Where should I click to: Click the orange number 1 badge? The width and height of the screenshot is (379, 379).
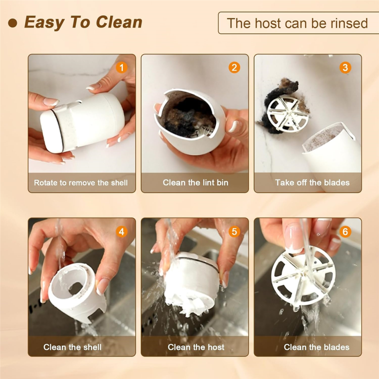(122, 68)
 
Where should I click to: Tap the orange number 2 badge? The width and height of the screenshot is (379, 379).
(234, 68)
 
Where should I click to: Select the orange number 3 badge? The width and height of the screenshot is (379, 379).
(345, 68)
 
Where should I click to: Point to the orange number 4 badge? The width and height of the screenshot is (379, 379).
(122, 232)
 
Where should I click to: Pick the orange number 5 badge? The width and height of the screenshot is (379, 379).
(234, 232)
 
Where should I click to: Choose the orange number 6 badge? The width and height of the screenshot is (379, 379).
(345, 232)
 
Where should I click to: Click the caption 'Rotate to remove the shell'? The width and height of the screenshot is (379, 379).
(81, 183)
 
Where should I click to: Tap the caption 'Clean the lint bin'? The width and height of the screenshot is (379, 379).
(195, 183)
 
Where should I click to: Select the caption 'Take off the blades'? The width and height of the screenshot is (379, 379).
(312, 183)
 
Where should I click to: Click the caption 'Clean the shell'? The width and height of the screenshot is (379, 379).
(72, 347)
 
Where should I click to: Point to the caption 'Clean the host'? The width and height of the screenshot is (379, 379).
(196, 347)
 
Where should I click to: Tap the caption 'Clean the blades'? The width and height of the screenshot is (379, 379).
(316, 347)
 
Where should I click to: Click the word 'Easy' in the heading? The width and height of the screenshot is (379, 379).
(44, 23)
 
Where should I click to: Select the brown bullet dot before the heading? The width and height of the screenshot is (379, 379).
(13, 23)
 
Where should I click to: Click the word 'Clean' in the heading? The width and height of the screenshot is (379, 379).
(119, 22)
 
